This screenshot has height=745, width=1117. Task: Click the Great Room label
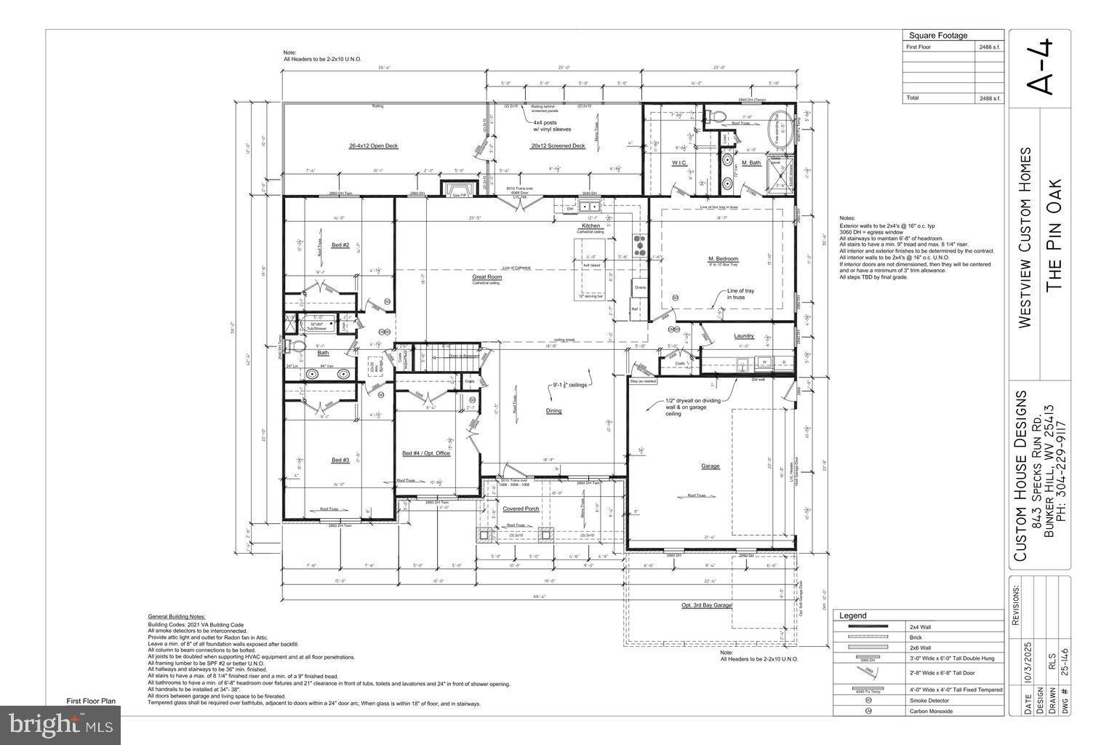tap(487, 276)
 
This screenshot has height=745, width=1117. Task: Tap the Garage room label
tap(710, 466)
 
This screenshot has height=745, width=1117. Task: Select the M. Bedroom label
tap(723, 259)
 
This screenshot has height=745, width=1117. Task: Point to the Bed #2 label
tap(340, 245)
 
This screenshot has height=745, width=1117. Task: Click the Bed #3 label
tap(340, 460)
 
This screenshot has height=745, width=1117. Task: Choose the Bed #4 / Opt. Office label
tap(426, 453)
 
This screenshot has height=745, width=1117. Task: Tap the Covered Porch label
tap(521, 509)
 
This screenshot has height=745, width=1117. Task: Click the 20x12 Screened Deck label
tap(558, 146)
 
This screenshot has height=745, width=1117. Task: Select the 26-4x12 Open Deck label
tap(373, 146)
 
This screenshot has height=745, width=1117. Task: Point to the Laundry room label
tap(743, 336)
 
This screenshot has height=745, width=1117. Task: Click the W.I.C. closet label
tap(680, 163)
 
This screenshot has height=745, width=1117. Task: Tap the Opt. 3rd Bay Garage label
tap(706, 605)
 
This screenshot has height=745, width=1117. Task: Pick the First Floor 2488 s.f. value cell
tap(990, 47)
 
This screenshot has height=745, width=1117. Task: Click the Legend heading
tap(853, 615)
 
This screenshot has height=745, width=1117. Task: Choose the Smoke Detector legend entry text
tap(928, 700)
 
